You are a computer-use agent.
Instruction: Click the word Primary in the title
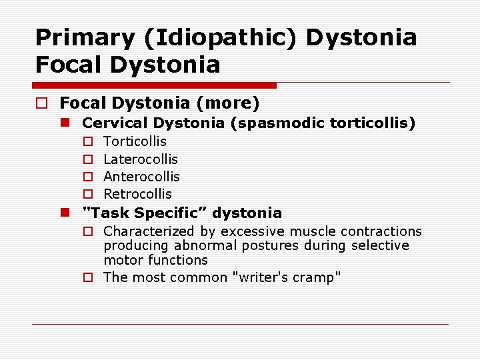click(x=75, y=38)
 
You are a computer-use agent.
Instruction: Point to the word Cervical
click(x=115, y=123)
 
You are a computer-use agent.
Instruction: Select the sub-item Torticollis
click(x=135, y=141)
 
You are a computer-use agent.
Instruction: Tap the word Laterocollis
click(x=141, y=159)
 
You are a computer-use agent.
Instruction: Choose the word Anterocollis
click(x=141, y=177)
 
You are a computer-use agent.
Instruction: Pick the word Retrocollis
click(x=137, y=194)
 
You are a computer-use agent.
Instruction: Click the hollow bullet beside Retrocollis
click(x=87, y=194)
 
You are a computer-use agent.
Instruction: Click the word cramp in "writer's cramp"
click(x=320, y=277)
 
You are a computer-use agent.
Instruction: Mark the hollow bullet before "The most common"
click(x=87, y=277)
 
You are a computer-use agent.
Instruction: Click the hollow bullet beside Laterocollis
click(x=87, y=159)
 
